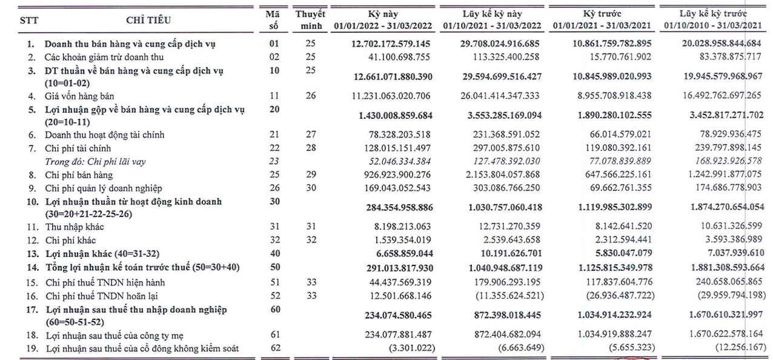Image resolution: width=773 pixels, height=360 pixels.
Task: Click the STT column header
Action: tap(29, 21)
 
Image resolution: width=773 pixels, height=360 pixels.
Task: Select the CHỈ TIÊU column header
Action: tap(148, 20)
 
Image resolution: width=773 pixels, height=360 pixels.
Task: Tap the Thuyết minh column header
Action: tap(310, 19)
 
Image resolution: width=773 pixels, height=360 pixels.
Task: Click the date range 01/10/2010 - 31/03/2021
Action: tap(713, 25)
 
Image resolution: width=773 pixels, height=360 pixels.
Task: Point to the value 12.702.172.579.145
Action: tap(391, 44)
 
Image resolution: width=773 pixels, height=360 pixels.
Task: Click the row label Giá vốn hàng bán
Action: tap(79, 96)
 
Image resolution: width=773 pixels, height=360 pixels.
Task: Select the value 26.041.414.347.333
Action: tap(500, 96)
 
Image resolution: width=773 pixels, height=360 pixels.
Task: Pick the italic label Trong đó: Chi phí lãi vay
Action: tap(95, 162)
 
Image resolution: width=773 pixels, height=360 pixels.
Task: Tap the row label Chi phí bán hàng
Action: tap(79, 175)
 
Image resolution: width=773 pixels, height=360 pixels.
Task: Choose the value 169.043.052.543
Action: tap(397, 188)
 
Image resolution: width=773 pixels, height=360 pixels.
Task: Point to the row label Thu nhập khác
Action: tap(75, 227)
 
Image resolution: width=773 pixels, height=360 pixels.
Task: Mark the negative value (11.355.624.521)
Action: tap(509, 296)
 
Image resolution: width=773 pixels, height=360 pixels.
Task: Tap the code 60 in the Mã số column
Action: tap(275, 309)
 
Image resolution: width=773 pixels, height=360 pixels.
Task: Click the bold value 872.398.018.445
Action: tap(507, 315)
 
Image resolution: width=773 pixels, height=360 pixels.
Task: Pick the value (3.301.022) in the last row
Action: tap(412, 347)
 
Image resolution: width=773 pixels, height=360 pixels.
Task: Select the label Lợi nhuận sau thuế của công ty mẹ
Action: tap(114, 336)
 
